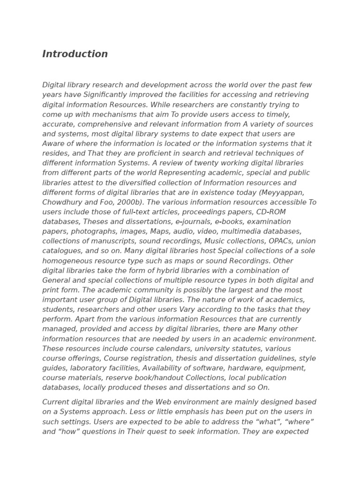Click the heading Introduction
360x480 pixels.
75,54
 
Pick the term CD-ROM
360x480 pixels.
271,212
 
